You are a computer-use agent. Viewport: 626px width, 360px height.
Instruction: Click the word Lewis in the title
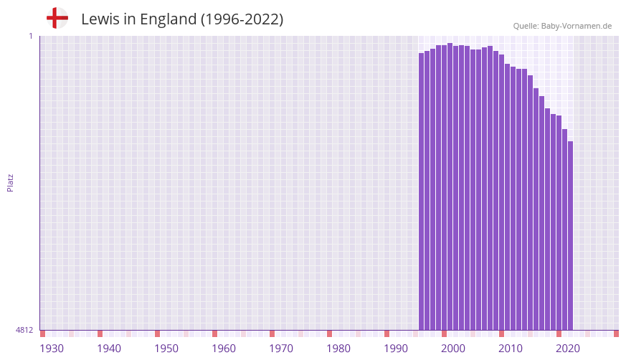tap(100, 19)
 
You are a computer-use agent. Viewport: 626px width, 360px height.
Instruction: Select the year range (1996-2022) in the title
tap(242, 19)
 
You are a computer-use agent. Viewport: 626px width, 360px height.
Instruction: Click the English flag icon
tap(57, 18)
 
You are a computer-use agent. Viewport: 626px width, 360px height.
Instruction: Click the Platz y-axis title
tap(10, 182)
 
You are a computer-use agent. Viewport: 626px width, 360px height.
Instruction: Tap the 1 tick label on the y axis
tap(30, 36)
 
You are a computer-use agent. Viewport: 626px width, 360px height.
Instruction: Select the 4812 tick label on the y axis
tap(24, 330)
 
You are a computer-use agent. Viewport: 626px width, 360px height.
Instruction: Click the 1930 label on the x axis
tap(52, 349)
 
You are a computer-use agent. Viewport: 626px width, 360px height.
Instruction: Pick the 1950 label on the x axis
tap(166, 349)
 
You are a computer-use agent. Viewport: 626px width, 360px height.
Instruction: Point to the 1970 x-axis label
tap(281, 349)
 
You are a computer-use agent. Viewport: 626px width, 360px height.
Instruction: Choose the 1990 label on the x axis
tap(396, 349)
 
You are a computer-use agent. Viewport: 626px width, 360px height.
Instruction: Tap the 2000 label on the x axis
tap(453, 349)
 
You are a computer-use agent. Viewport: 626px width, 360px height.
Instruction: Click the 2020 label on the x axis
tap(568, 349)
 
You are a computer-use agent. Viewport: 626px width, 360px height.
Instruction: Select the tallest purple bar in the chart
tap(450, 186)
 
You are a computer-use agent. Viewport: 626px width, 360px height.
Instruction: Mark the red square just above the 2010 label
tap(501, 333)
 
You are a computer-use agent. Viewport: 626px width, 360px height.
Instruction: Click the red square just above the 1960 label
tap(214, 333)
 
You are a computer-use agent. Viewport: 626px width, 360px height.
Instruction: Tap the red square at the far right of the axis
tap(616, 333)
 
